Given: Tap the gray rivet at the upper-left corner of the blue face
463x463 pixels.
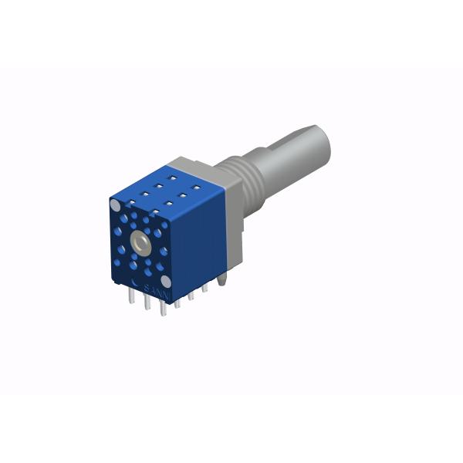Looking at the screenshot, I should coord(116,205).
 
